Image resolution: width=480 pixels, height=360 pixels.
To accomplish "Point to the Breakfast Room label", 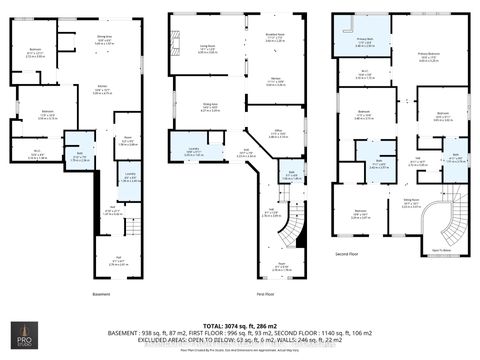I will (x=269, y=37).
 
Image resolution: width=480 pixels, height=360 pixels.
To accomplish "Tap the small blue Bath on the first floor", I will (x=263, y=175).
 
